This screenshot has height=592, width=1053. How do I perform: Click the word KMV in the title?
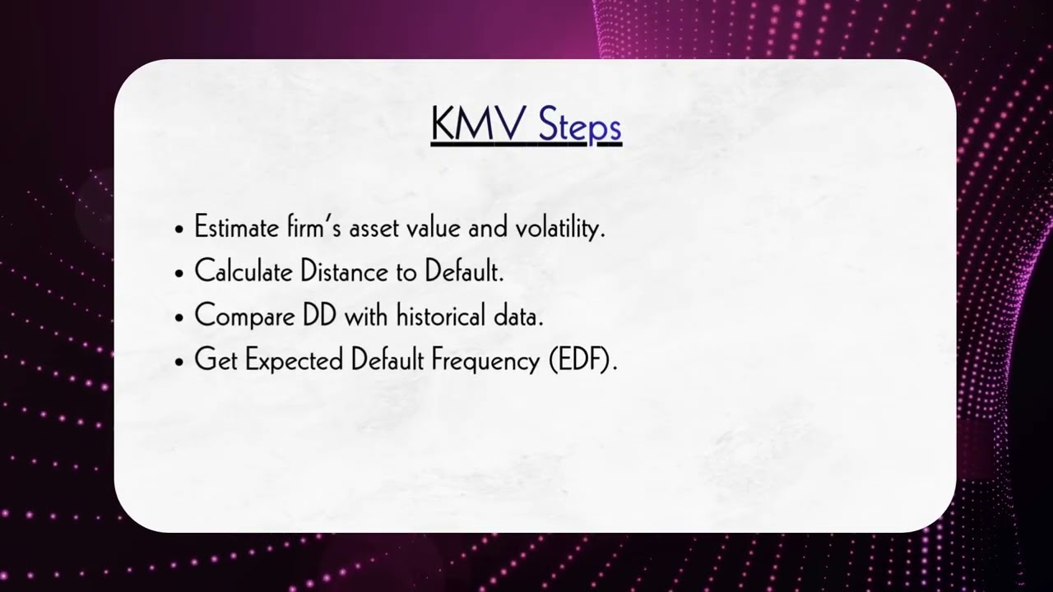pyautogui.click(x=478, y=125)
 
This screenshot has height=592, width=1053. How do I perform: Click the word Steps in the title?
pyautogui.click(x=579, y=127)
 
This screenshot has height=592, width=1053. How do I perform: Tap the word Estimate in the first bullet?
pyautogui.click(x=236, y=228)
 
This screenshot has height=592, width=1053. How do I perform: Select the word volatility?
pyautogui.click(x=559, y=229)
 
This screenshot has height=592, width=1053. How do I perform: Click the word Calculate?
pyautogui.click(x=243, y=272)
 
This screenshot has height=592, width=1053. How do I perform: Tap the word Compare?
pyautogui.click(x=244, y=317)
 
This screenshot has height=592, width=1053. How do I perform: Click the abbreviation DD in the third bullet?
pyautogui.click(x=319, y=316)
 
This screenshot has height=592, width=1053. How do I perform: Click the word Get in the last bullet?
pyautogui.click(x=216, y=360)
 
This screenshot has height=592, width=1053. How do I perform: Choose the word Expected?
pyautogui.click(x=294, y=361)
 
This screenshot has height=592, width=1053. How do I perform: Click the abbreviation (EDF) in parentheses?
pyautogui.click(x=582, y=361)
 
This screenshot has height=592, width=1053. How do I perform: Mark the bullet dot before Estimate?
pyautogui.click(x=179, y=230)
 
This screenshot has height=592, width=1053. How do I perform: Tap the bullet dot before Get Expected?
pyautogui.click(x=179, y=363)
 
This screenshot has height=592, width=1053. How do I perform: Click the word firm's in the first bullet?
pyautogui.click(x=313, y=228)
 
